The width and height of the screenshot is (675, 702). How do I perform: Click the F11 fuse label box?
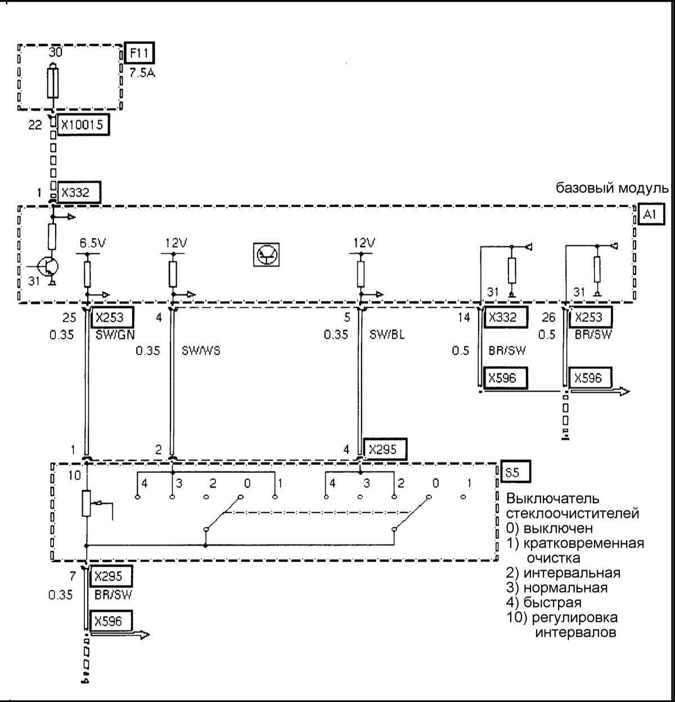coord(139,53)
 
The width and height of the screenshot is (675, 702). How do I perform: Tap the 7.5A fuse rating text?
coord(142,74)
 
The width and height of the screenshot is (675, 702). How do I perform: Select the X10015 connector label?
coord(82,124)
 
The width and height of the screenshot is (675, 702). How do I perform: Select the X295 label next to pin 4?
coord(384,449)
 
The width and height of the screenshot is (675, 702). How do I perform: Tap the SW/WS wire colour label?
coord(201,351)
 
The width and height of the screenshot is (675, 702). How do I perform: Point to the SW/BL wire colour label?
coord(387,334)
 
